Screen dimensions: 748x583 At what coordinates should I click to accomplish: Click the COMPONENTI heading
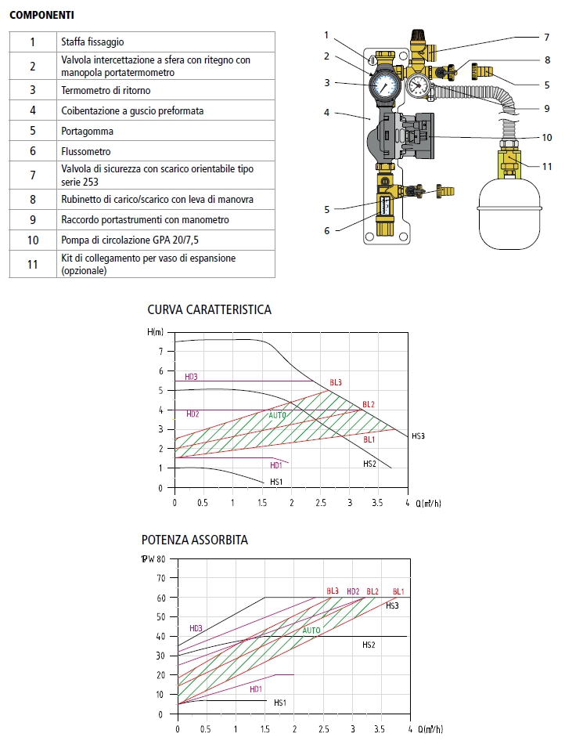43,15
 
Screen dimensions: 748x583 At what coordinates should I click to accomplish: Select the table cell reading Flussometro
86,151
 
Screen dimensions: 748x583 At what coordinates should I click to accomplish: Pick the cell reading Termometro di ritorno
106,91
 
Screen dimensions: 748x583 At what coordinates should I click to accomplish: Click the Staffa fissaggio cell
92,42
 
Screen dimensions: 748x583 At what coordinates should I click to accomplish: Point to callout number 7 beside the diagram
547,37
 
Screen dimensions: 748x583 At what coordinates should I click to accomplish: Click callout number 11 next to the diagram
547,166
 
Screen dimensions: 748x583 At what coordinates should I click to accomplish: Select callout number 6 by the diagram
327,230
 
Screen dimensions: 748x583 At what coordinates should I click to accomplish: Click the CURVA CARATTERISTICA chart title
209,309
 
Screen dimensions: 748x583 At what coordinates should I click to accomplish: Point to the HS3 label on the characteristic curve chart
419,435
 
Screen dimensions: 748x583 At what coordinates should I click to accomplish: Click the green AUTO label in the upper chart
277,415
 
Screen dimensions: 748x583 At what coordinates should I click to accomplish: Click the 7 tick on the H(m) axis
160,351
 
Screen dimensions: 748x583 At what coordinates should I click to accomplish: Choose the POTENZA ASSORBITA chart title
195,540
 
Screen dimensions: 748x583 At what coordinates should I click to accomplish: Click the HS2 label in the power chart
369,645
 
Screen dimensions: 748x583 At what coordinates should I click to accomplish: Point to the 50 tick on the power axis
162,616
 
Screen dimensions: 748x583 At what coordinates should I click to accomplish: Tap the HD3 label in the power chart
196,628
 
